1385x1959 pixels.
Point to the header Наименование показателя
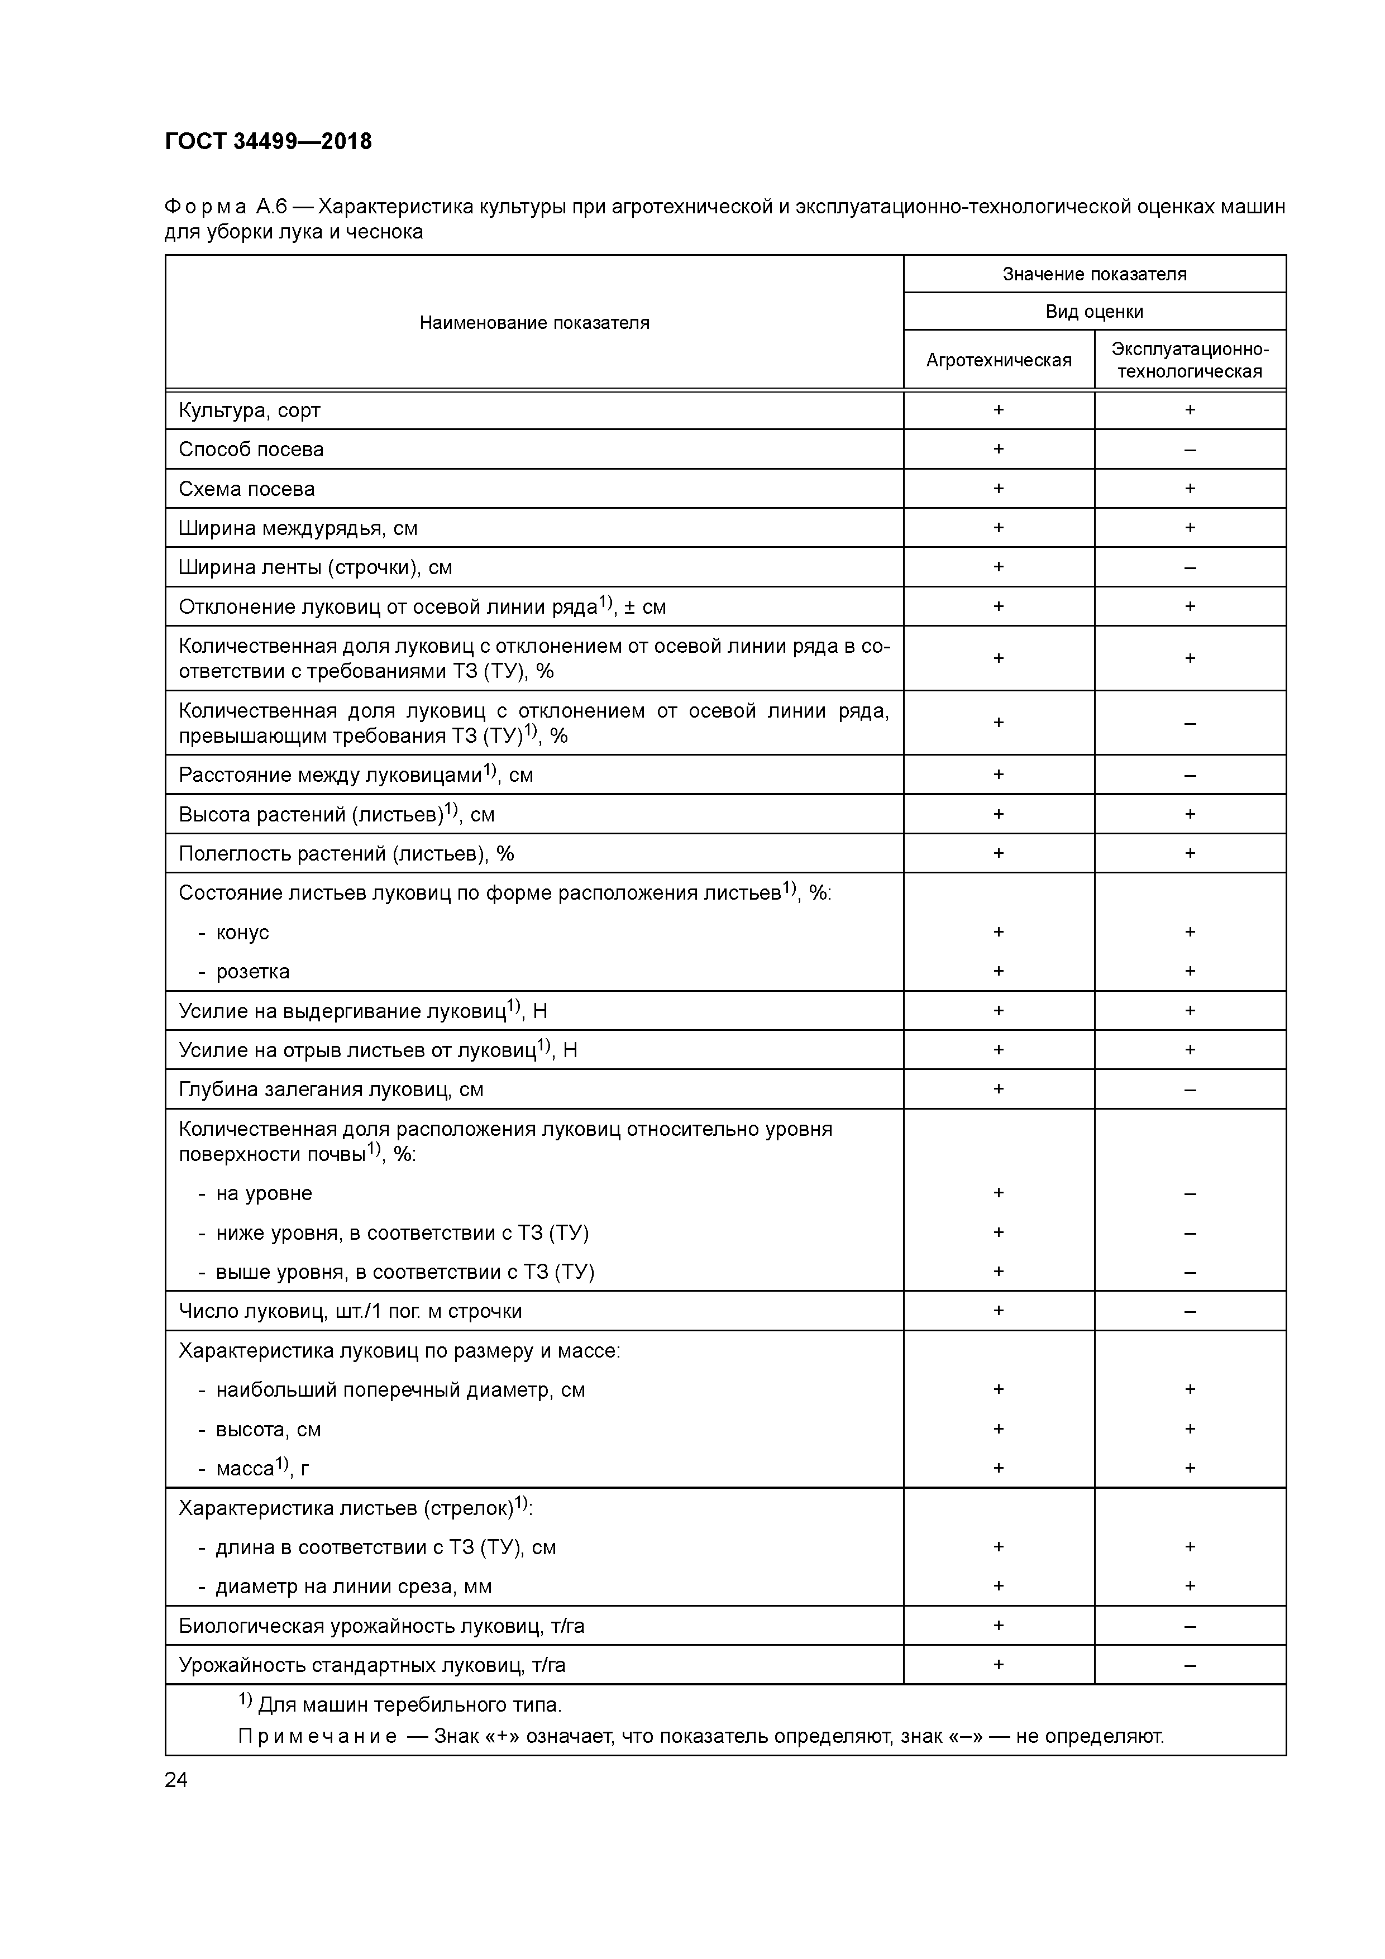[x=534, y=323]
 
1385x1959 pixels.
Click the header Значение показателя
[x=1094, y=274]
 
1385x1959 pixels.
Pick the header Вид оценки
[x=1094, y=312]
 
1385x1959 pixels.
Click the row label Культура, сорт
[x=249, y=410]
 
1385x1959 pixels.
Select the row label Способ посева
[x=251, y=450]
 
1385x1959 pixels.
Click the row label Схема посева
[x=247, y=489]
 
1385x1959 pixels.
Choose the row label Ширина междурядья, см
[x=298, y=528]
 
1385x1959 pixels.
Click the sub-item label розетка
[x=252, y=972]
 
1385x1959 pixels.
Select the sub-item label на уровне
[x=264, y=1193]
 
